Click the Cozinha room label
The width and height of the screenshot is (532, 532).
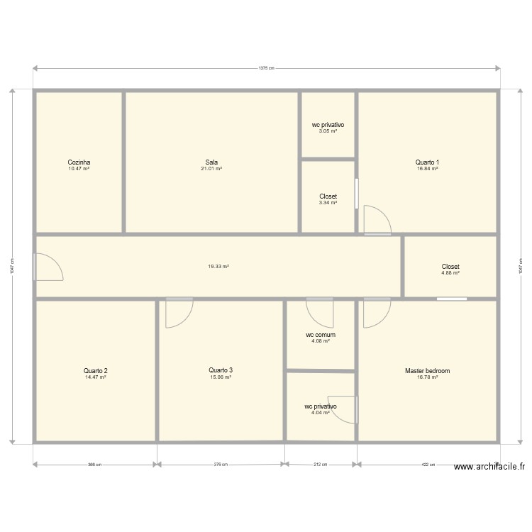pyautogui.click(x=79, y=162)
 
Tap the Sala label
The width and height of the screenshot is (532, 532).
pyautogui.click(x=211, y=162)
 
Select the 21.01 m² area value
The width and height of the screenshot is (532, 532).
pyautogui.click(x=211, y=169)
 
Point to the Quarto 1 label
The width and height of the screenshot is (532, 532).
pyautogui.click(x=427, y=162)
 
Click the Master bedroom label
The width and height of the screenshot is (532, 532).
pyautogui.click(x=427, y=371)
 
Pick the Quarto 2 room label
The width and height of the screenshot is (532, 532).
pyautogui.click(x=95, y=371)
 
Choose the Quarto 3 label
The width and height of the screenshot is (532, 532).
pyautogui.click(x=221, y=370)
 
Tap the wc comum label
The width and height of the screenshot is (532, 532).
pyautogui.click(x=321, y=335)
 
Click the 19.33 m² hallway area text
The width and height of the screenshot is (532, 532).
pyautogui.click(x=218, y=267)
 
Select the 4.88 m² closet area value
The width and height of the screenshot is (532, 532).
pyautogui.click(x=450, y=273)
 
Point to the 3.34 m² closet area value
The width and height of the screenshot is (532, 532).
pyautogui.click(x=328, y=203)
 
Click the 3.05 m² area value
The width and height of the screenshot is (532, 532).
pyautogui.click(x=328, y=131)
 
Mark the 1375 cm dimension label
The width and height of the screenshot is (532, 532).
pyautogui.click(x=266, y=69)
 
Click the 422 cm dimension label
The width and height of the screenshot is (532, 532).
pyautogui.click(x=428, y=465)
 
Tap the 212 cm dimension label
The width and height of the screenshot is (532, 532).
pyautogui.click(x=321, y=465)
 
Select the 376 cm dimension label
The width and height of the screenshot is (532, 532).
pyautogui.click(x=221, y=465)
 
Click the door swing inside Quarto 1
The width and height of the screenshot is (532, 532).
pyautogui.click(x=376, y=220)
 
